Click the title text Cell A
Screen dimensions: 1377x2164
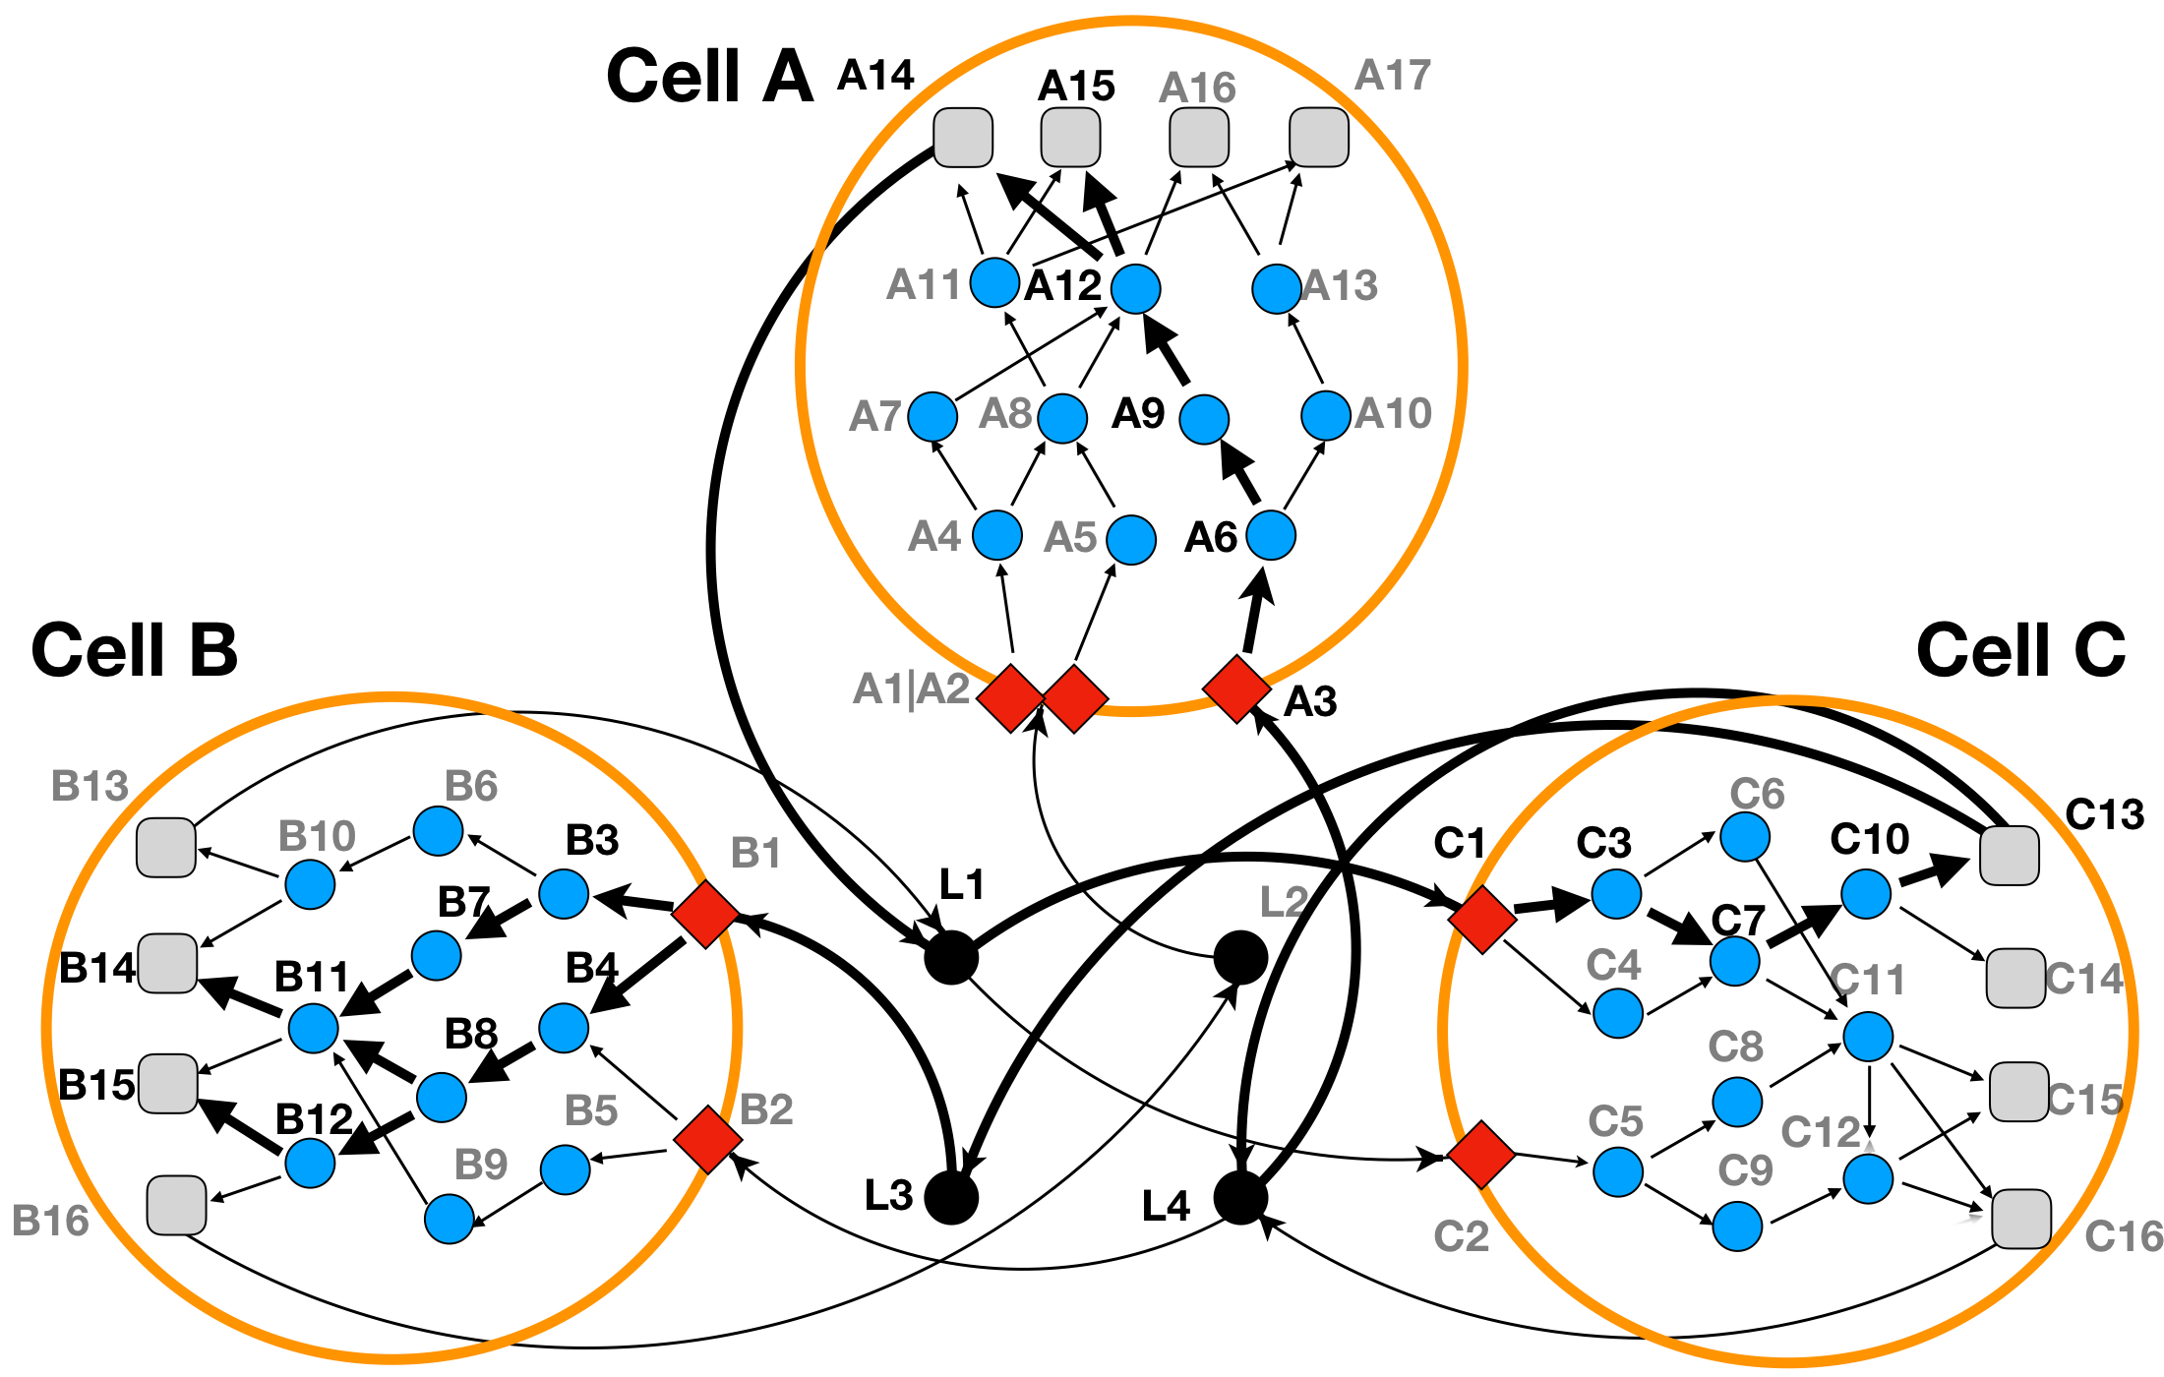709,76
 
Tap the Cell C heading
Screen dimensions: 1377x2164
2020,650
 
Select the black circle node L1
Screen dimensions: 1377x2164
951,957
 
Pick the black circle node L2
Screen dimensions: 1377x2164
1240,957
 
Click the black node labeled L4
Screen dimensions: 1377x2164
1240,1198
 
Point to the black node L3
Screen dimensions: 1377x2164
951,1198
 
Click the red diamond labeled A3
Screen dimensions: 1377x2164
1236,688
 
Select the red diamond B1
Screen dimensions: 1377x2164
705,914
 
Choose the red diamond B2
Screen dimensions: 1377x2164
708,1139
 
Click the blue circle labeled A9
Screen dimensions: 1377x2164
1204,419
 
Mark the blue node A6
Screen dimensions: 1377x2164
1271,535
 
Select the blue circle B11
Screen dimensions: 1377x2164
314,1029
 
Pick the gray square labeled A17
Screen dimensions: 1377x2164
1319,138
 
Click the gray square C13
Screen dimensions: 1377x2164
2009,856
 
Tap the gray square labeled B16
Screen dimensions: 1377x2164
177,1205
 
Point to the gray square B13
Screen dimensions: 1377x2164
166,847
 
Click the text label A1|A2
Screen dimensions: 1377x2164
912,688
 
